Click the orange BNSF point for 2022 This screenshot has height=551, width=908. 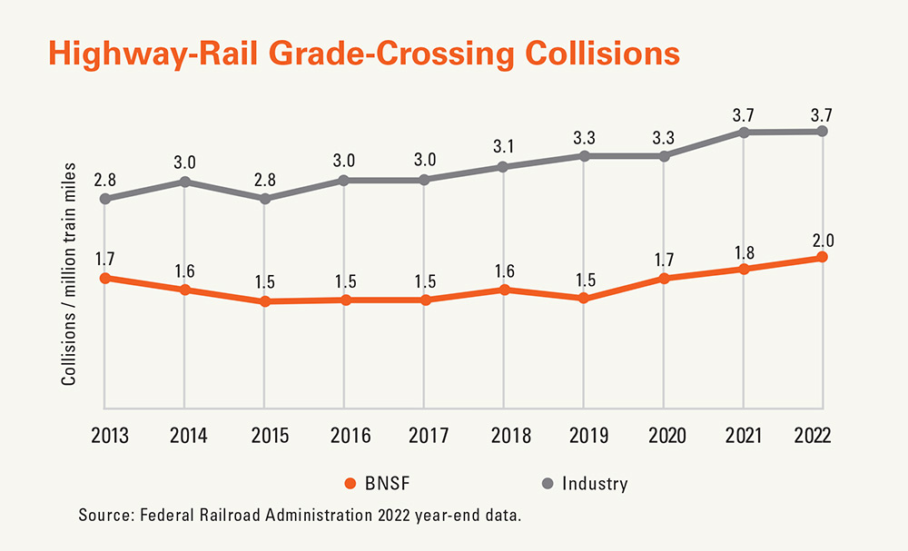tap(823, 257)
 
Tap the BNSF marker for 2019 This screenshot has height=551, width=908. tap(584, 298)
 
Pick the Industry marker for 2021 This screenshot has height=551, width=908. tap(744, 133)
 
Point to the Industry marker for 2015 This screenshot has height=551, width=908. tap(264, 199)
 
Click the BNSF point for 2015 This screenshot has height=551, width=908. tap(264, 301)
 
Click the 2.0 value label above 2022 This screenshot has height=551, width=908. tap(823, 241)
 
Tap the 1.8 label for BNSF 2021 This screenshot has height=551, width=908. tap(744, 252)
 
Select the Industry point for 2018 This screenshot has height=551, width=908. tap(504, 167)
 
